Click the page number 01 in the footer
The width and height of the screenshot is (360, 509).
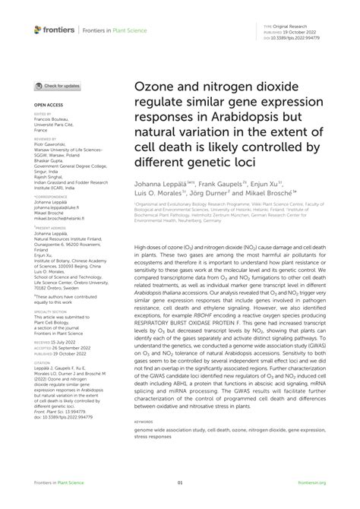pos(180,482)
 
